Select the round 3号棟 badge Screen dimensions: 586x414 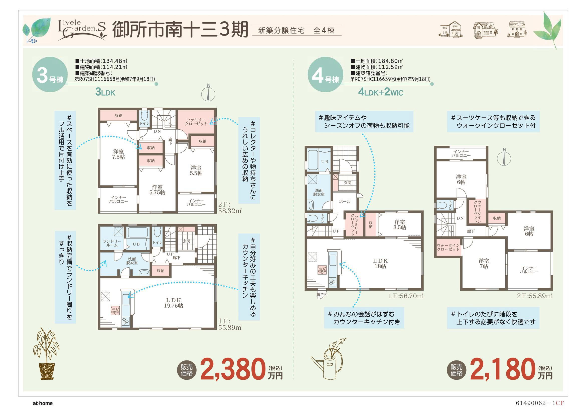pos(50,75)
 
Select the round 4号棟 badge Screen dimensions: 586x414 pos(325,75)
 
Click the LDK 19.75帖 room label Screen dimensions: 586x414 pos(174,303)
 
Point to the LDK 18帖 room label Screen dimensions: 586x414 pos(380,264)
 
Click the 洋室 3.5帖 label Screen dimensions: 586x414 pos(400,225)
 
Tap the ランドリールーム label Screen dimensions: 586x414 pos(112,243)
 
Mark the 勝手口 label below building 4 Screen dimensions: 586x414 pos(322,295)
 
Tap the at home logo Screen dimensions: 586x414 pos(43,403)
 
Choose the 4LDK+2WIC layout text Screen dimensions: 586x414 pos(381,92)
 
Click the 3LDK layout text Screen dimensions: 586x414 pos(105,92)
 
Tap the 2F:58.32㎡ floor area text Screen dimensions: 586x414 pos(230,208)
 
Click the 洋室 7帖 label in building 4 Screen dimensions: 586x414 pos(484,264)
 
